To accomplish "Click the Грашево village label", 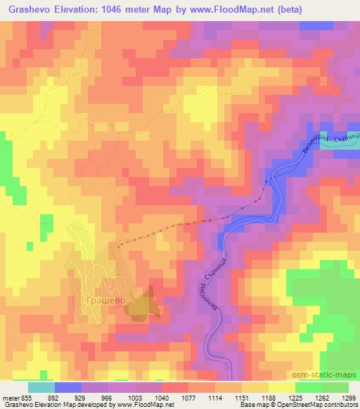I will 105,300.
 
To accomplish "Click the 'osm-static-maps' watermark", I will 326,374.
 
